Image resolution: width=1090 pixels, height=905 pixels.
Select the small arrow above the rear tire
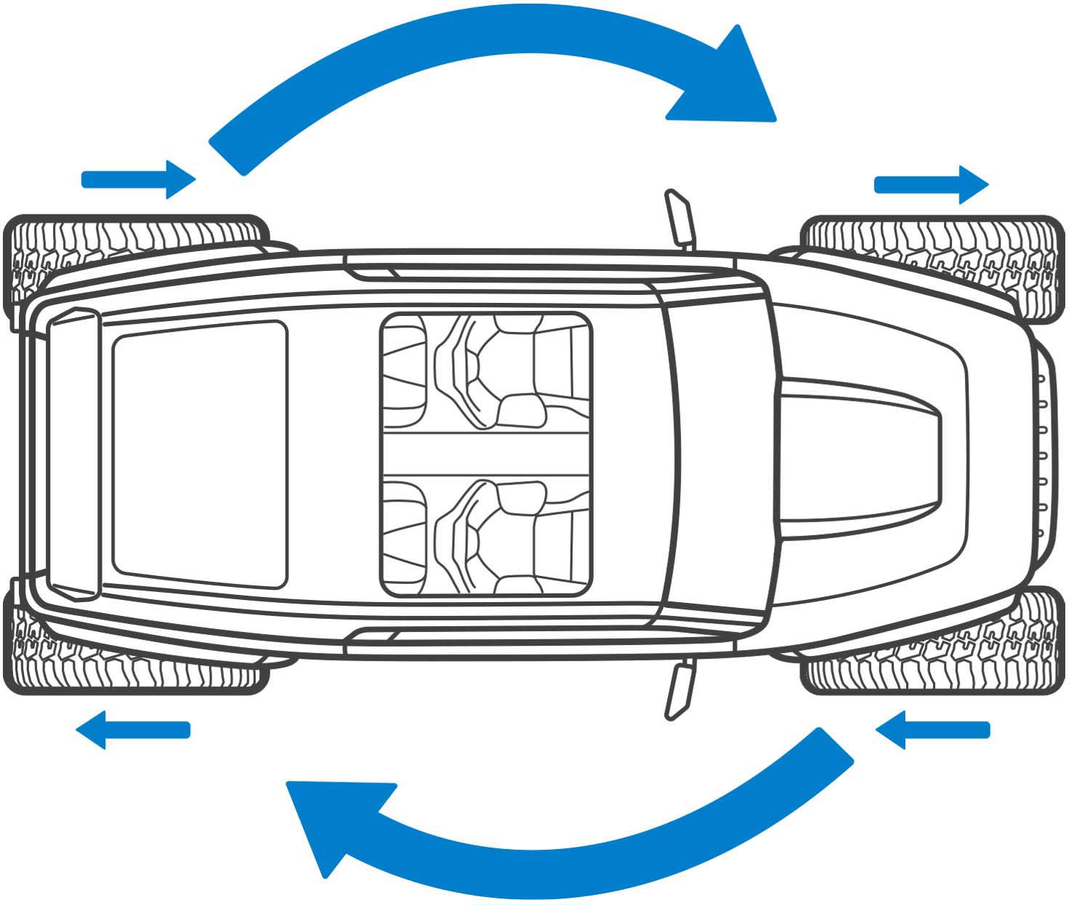click(138, 179)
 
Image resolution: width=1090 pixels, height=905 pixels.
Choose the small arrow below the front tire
click(933, 729)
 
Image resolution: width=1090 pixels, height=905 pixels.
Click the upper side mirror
click(679, 218)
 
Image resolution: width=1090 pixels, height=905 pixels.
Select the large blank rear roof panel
click(200, 454)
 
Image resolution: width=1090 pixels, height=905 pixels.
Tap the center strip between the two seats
click(485, 454)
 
